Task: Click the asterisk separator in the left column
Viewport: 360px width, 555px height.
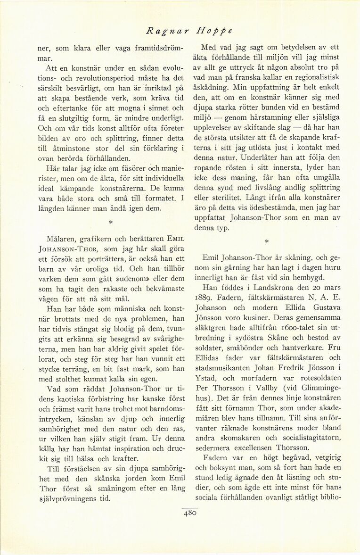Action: click(x=110, y=220)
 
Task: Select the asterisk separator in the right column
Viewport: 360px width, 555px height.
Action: click(x=266, y=241)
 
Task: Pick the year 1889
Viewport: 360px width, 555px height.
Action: click(x=212, y=298)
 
